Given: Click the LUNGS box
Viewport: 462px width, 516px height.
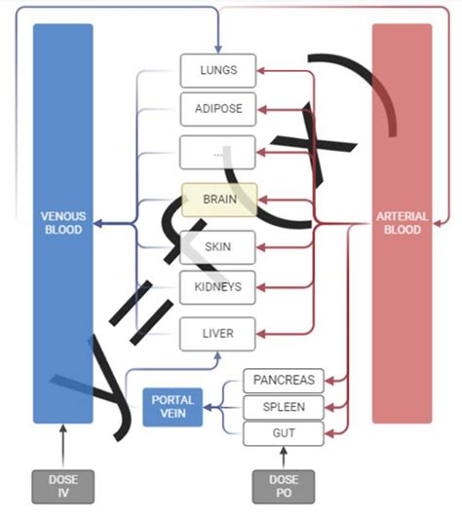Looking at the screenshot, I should (x=218, y=70).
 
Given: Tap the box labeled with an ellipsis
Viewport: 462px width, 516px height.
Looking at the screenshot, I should (x=218, y=152).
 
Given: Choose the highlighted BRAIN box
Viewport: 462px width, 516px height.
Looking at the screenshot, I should (x=218, y=200).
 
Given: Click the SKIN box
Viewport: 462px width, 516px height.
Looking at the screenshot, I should (x=218, y=247).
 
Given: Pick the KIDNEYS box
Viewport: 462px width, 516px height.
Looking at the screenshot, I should (x=218, y=287).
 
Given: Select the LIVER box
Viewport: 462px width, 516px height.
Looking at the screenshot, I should (x=218, y=334).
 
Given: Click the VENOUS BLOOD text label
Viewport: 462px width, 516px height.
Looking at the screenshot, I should (x=63, y=223).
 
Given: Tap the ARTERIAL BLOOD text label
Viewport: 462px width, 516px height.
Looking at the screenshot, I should (x=402, y=223).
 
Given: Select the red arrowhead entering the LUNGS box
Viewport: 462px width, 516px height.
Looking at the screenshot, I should (x=261, y=70).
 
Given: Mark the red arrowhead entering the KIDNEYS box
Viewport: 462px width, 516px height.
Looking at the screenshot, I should (x=261, y=287).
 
